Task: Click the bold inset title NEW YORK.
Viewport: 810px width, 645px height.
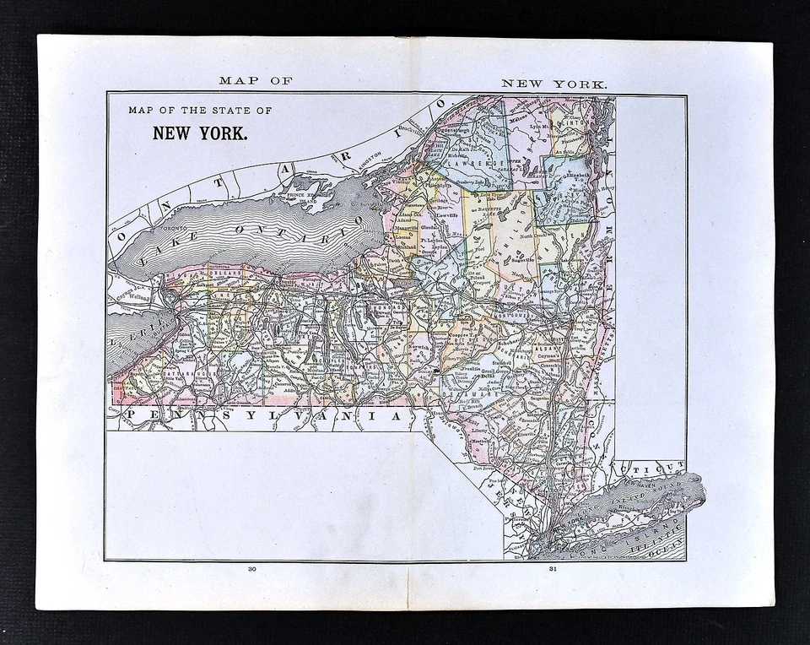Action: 199,133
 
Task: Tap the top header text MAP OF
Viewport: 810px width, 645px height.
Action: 255,81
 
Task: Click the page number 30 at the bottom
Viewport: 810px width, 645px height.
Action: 251,569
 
